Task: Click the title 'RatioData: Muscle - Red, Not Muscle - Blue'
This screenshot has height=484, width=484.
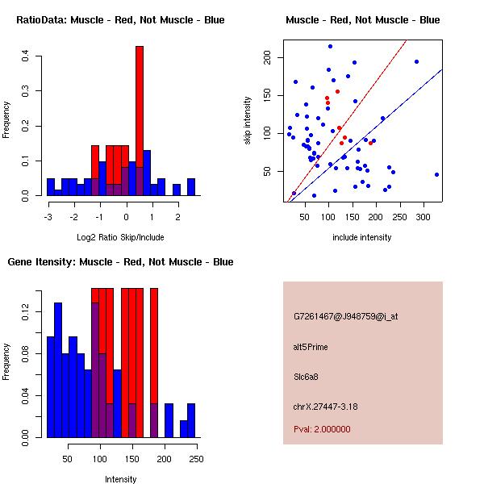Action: coord(121,19)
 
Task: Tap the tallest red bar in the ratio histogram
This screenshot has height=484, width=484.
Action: coord(139,121)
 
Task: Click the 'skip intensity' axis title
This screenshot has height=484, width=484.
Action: coord(248,121)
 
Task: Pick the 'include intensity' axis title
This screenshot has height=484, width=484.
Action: coord(361,237)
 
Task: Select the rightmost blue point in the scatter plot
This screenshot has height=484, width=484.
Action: coord(436,174)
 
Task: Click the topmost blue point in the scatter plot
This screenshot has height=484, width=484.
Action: coord(330,46)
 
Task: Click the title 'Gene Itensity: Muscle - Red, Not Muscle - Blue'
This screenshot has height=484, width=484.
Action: coord(121,262)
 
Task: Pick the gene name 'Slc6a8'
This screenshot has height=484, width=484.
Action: coord(307,377)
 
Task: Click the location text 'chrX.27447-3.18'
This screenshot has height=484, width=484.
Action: coord(326,407)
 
